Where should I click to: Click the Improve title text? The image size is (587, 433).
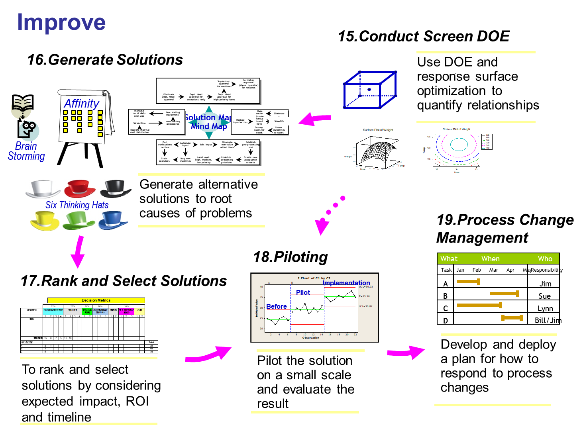[x=61, y=22]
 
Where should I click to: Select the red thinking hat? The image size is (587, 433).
[x=80, y=188]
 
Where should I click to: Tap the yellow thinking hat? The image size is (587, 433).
[x=45, y=221]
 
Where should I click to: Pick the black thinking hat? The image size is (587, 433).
[x=116, y=188]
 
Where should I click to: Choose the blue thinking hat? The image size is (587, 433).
[x=113, y=220]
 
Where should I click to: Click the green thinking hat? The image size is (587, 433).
[x=79, y=221]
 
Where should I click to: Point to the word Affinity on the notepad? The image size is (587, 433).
[x=82, y=104]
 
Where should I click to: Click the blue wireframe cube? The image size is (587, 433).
[x=370, y=90]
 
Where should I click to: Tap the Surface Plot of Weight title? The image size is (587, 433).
[x=378, y=130]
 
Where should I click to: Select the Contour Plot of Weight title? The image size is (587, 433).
[x=456, y=129]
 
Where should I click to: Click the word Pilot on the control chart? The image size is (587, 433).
[x=303, y=292]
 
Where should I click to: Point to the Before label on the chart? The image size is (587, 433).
[x=277, y=306]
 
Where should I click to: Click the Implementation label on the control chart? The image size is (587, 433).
[x=346, y=283]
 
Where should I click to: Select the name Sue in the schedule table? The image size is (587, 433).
[x=544, y=296]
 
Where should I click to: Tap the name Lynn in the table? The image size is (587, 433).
[x=545, y=308]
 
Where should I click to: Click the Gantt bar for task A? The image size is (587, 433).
[x=469, y=282]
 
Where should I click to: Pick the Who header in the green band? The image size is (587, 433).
[x=545, y=259]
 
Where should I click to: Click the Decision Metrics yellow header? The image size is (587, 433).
[x=96, y=300]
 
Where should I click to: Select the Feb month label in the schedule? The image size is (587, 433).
[x=477, y=270]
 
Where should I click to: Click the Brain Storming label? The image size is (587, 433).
[x=26, y=151]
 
